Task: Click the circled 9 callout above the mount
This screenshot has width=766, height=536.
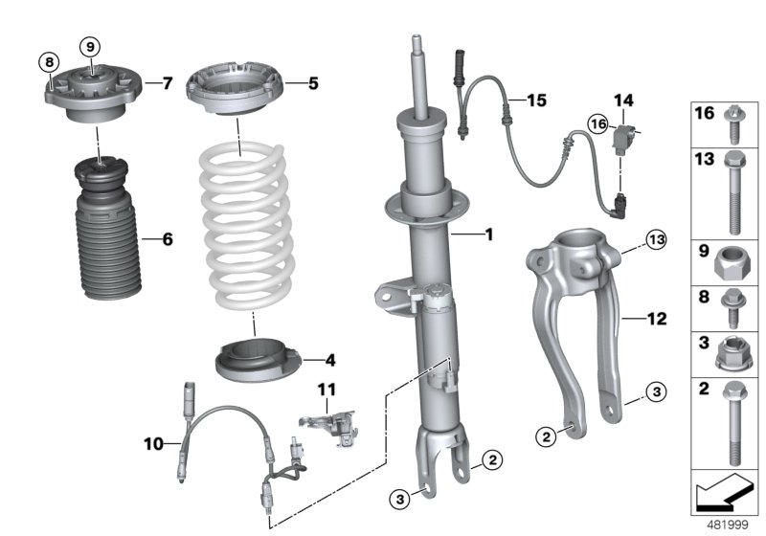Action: [x=89, y=46]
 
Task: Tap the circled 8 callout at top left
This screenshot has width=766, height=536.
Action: [x=48, y=62]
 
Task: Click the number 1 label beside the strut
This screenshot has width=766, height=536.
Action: [x=488, y=233]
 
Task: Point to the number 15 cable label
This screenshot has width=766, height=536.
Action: [x=534, y=100]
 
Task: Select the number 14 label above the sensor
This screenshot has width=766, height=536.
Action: [x=623, y=100]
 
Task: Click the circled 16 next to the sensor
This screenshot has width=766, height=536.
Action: [x=597, y=123]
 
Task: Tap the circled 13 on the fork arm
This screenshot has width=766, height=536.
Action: [x=627, y=237]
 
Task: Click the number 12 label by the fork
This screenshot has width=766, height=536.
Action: [x=656, y=318]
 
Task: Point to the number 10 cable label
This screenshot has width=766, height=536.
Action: [x=154, y=443]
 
